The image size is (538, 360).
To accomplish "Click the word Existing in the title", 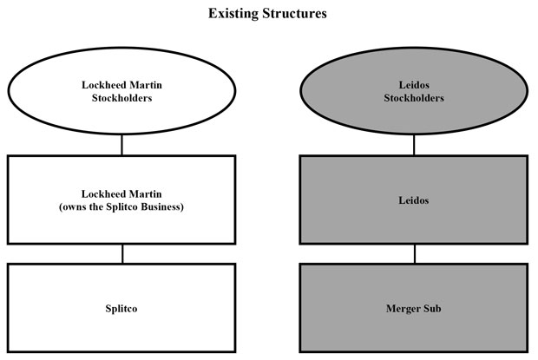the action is tap(233, 14).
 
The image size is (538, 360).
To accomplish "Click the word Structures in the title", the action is tap(295, 13).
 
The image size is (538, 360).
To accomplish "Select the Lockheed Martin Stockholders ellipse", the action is tap(121, 90).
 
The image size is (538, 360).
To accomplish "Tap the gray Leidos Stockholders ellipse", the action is tap(414, 90).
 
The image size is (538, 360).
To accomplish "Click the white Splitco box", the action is tap(121, 308).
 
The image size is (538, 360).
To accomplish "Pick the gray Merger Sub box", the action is tap(414, 308).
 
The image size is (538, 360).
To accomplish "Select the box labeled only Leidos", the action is tap(414, 200).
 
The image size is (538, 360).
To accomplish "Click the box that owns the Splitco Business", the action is tap(121, 200).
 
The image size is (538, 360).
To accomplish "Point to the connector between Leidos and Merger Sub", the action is tap(415, 253).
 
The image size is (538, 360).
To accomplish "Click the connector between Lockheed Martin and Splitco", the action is tap(122, 253).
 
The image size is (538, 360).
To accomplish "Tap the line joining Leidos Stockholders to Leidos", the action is tap(414, 145).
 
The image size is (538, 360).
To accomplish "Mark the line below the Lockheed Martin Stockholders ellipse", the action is tap(121, 145).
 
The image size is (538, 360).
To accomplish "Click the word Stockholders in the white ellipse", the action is tap(121, 98).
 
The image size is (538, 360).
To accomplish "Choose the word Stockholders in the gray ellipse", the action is tap(414, 98).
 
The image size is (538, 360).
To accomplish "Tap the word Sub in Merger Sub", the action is tap(432, 308).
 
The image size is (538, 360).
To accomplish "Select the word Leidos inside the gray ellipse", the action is tap(414, 85).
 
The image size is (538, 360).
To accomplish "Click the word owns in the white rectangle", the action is tap(73, 207).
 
